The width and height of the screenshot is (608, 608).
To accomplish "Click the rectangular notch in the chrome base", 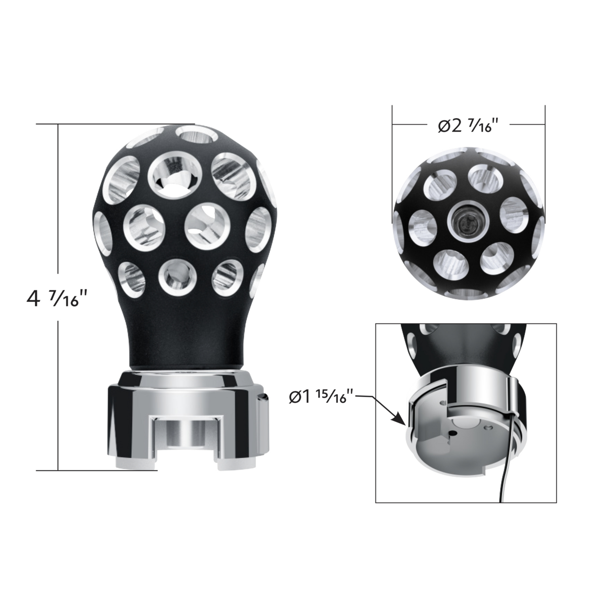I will click(187, 431).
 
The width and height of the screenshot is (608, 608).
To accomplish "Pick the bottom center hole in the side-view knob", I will click(176, 276).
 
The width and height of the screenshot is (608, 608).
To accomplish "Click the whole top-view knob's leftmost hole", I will click(423, 225).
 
